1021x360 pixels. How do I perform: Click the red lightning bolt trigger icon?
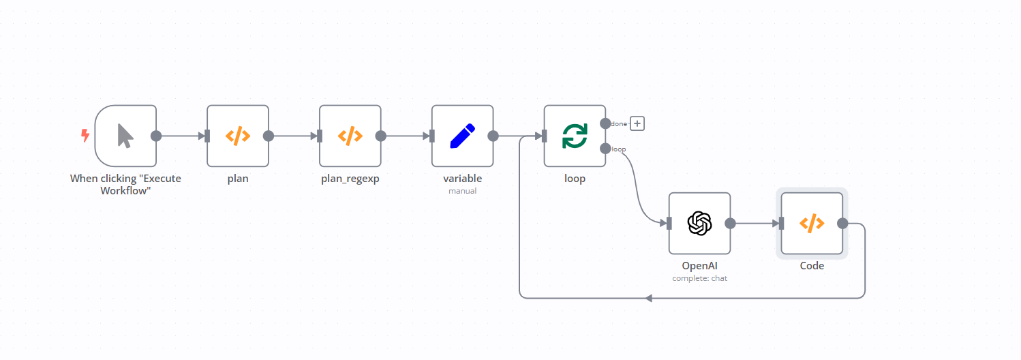point(85,136)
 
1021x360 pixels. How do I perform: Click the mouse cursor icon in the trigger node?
point(125,136)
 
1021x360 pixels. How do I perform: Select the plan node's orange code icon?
point(238,136)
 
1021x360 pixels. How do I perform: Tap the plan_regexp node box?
point(350,136)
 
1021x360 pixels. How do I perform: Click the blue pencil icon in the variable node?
point(463,136)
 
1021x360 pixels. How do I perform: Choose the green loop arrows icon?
point(575,136)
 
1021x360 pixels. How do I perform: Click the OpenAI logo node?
point(699,223)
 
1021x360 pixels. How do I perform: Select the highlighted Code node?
point(812,223)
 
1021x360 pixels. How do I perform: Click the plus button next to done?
point(637,123)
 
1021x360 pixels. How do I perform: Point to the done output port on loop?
point(605,123)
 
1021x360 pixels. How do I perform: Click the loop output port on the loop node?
point(605,149)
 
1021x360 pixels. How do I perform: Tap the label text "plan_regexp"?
point(350,179)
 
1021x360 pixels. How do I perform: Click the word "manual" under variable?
point(462,191)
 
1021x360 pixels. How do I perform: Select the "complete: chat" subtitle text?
point(699,278)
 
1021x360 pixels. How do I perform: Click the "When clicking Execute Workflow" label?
point(125,185)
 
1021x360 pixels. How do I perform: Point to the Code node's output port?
point(842,223)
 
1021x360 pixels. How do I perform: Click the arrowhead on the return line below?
point(649,298)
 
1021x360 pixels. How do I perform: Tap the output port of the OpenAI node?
point(730,223)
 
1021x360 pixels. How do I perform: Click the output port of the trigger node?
point(156,136)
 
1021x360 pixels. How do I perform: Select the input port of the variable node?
point(432,136)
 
